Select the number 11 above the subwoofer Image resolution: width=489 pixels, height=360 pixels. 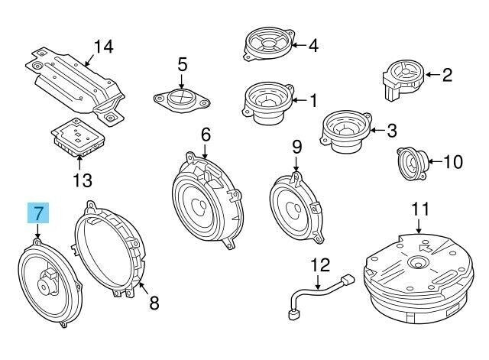419,208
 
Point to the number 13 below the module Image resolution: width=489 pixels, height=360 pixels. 82,180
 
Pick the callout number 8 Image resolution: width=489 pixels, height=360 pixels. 154,304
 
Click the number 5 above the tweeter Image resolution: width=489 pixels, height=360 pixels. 182,65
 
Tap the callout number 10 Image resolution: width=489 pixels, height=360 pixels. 453,161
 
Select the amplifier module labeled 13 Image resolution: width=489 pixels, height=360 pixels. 77,138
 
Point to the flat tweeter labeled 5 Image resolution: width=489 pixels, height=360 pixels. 181,99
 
